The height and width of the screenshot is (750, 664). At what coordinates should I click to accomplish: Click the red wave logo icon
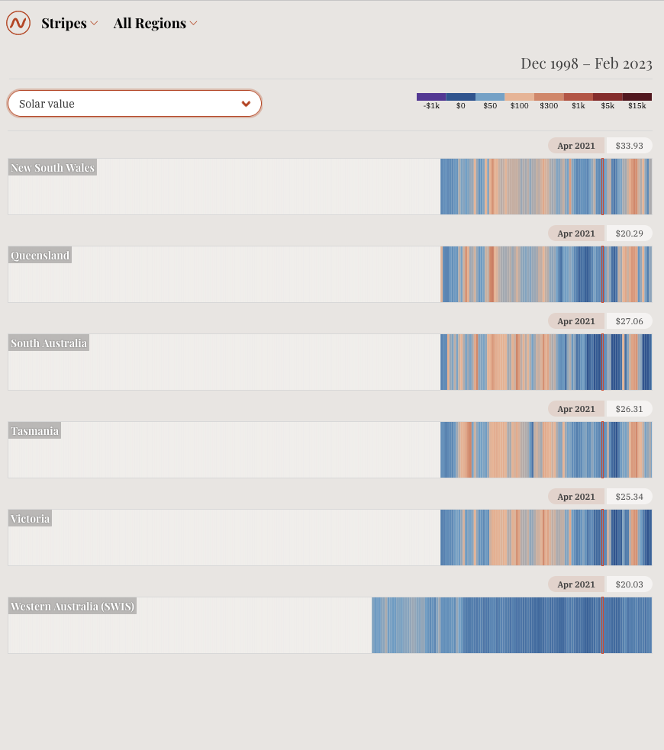[18, 23]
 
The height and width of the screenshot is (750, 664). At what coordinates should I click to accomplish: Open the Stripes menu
[69, 24]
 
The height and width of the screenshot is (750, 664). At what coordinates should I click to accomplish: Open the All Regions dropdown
[155, 24]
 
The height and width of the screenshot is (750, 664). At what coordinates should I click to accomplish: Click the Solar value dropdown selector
[135, 104]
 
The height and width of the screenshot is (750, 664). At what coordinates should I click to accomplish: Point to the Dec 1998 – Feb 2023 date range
[586, 63]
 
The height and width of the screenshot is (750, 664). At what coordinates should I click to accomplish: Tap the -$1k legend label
[431, 106]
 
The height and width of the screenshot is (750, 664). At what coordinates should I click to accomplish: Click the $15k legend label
[637, 106]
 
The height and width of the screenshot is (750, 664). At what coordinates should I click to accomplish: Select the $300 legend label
[549, 106]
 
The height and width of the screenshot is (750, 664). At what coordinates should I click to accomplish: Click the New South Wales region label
[53, 168]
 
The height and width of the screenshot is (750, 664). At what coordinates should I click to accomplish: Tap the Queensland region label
[40, 256]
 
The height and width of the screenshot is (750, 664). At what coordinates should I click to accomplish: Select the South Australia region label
[49, 343]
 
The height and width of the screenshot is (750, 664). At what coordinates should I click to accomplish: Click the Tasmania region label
[35, 431]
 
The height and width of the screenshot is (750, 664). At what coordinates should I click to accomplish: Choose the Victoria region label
[31, 519]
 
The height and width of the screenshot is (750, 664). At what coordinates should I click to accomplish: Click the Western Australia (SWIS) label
[73, 607]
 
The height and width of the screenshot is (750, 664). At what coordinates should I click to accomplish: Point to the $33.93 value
[629, 146]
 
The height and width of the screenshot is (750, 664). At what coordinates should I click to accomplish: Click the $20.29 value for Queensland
[629, 233]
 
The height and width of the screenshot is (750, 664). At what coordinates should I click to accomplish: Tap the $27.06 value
[629, 321]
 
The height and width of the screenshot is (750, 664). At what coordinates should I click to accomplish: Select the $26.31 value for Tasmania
[629, 409]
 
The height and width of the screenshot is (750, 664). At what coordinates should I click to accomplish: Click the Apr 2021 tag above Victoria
[576, 497]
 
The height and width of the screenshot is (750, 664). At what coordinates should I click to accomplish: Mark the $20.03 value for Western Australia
[629, 584]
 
